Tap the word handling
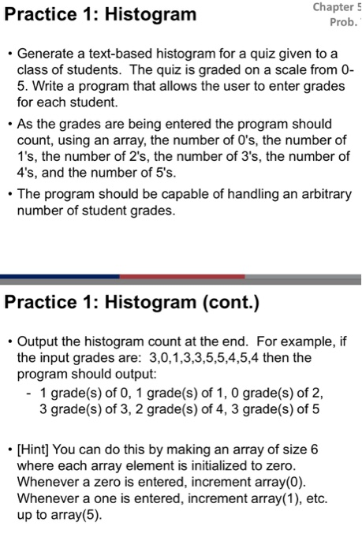[x=237, y=195]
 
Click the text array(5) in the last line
[x=73, y=516]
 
